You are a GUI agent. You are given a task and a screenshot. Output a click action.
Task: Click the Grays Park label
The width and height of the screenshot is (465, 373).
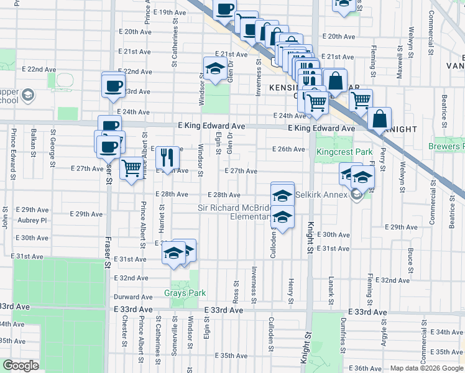[181, 293]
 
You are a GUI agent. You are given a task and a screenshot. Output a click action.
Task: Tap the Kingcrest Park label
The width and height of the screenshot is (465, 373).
[344, 152]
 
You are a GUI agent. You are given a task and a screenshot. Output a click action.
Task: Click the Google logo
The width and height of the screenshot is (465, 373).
[21, 366]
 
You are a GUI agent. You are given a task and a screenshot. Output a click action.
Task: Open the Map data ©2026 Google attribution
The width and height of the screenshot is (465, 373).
[427, 368]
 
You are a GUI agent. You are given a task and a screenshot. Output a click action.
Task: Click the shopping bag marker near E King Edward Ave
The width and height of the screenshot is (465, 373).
[379, 117]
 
